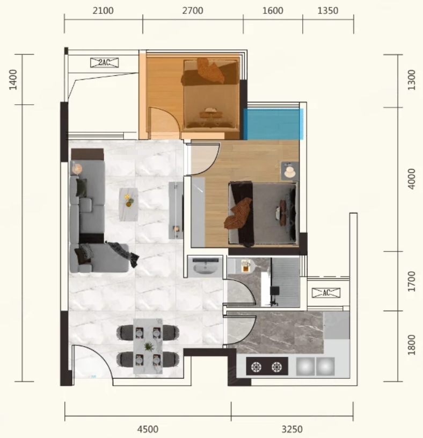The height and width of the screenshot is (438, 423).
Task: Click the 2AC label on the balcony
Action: [x=104, y=62]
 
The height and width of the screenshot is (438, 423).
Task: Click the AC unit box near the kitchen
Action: [x=326, y=293]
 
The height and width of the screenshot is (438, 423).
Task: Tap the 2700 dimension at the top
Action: [x=193, y=11]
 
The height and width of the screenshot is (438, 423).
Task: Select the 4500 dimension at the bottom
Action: [x=148, y=429]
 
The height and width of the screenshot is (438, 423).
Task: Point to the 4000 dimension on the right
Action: [x=411, y=179]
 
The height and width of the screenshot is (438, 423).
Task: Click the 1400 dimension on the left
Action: [x=13, y=80]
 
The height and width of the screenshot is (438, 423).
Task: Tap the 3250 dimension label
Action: [x=292, y=429]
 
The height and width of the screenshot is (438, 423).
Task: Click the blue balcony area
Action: [x=273, y=124]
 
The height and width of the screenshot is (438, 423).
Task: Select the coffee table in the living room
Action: [x=129, y=204]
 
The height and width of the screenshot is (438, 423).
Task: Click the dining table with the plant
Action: [x=148, y=347]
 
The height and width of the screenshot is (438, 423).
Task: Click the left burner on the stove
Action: [x=256, y=367]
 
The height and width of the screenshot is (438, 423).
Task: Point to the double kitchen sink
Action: [x=315, y=367]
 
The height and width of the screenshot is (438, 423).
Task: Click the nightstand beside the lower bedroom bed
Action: [x=290, y=171]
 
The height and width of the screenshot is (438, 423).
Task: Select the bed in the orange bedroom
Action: [x=210, y=95]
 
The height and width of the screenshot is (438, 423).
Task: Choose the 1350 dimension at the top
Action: [x=328, y=11]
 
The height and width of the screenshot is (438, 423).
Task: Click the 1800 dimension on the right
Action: [x=411, y=345]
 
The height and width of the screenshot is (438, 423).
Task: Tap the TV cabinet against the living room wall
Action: [x=176, y=210]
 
